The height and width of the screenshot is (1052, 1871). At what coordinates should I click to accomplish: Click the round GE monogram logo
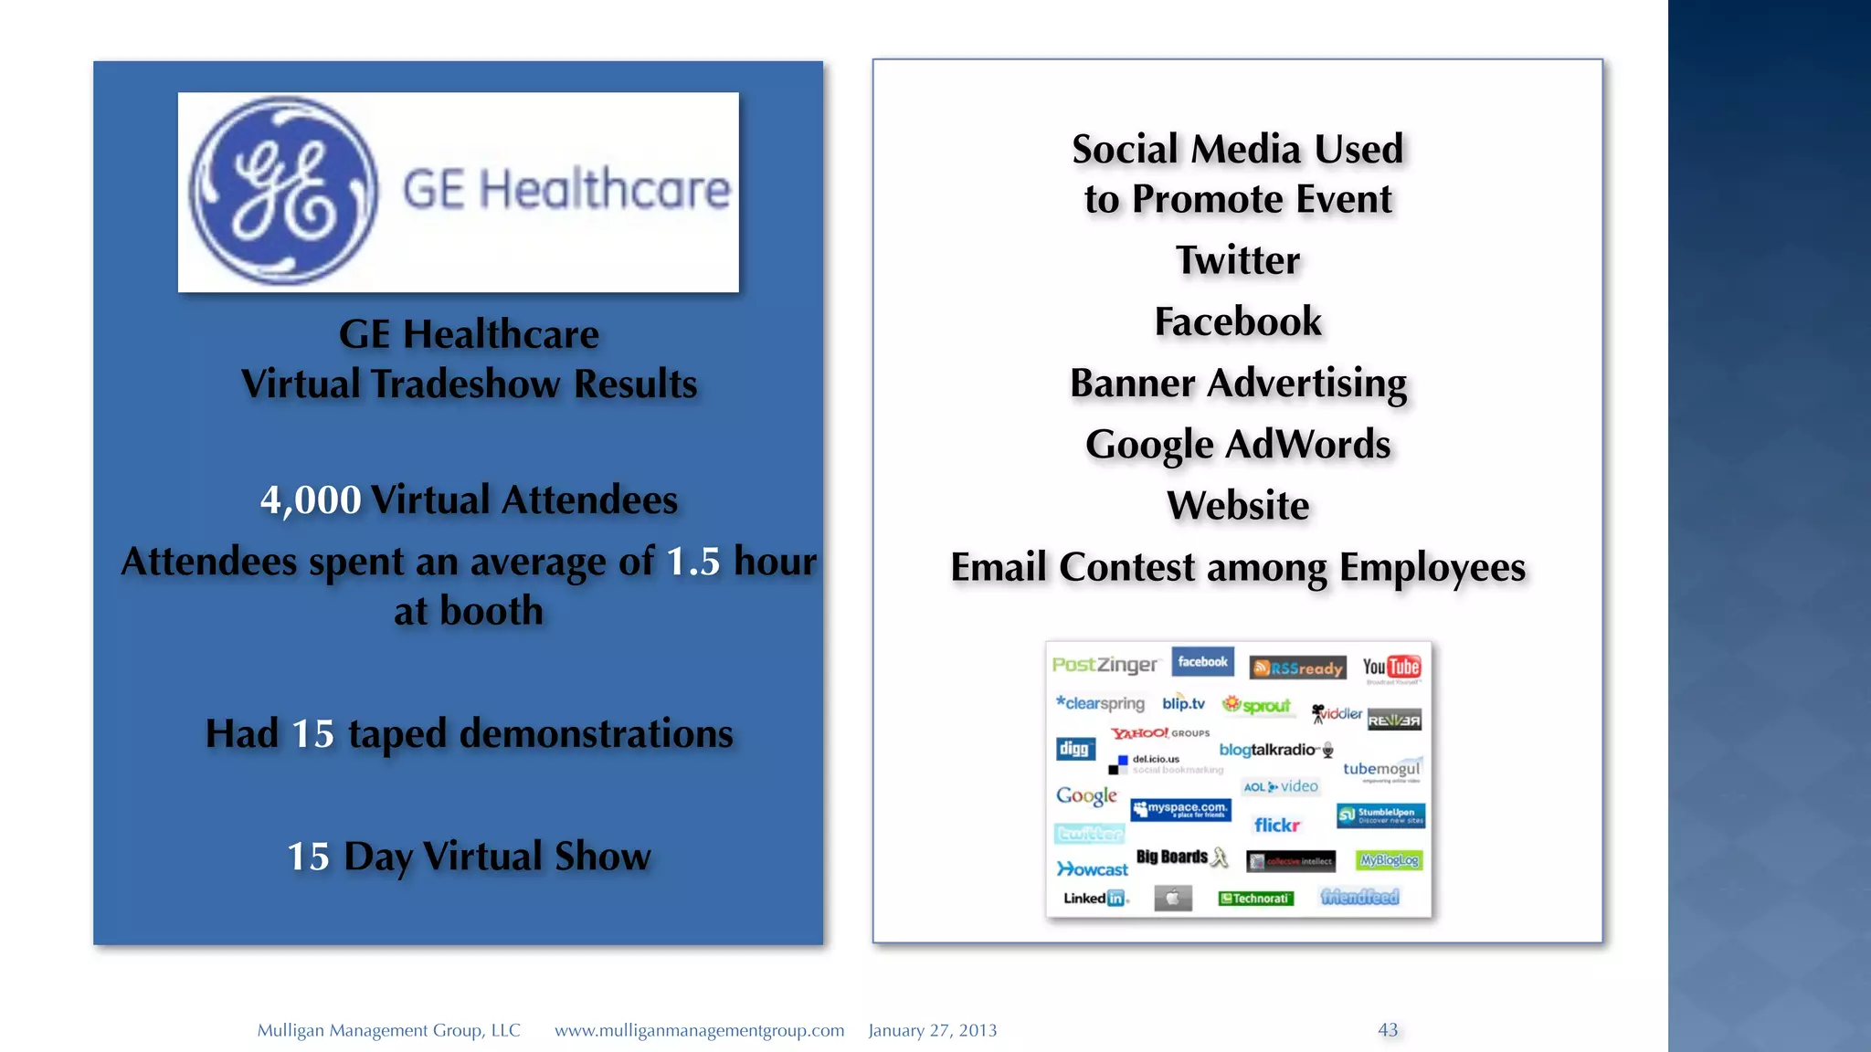point(283,191)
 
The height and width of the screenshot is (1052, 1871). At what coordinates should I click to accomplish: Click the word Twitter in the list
point(1237,260)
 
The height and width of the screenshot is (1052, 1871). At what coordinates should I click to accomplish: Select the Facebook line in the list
point(1237,321)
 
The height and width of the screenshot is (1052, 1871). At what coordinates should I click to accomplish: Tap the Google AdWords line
point(1237,445)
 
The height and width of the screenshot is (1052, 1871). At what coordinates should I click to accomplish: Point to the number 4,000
point(311,500)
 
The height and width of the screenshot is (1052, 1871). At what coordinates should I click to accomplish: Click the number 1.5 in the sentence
point(692,562)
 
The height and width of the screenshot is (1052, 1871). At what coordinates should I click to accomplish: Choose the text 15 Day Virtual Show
point(468,857)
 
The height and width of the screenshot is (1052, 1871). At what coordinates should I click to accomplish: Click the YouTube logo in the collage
point(1390,668)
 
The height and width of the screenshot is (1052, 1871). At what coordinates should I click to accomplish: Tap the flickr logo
point(1276,826)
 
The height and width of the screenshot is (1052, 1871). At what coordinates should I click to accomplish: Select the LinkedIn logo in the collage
point(1094,899)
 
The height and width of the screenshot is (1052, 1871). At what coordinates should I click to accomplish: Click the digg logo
point(1074,749)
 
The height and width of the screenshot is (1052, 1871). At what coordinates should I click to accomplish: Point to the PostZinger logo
point(1105,665)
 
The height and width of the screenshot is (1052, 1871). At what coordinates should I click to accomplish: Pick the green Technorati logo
point(1255,899)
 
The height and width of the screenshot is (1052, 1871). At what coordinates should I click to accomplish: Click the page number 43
point(1387,1030)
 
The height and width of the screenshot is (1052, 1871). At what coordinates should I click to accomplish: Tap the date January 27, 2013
point(932,1030)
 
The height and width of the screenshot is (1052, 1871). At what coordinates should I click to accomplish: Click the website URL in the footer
point(699,1030)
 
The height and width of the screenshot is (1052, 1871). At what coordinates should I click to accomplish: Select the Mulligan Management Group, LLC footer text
point(388,1030)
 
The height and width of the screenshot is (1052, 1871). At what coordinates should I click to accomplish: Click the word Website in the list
point(1237,506)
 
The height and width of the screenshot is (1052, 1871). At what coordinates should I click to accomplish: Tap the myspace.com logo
point(1180,809)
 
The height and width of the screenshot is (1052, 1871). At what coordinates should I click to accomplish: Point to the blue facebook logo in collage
point(1202,662)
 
